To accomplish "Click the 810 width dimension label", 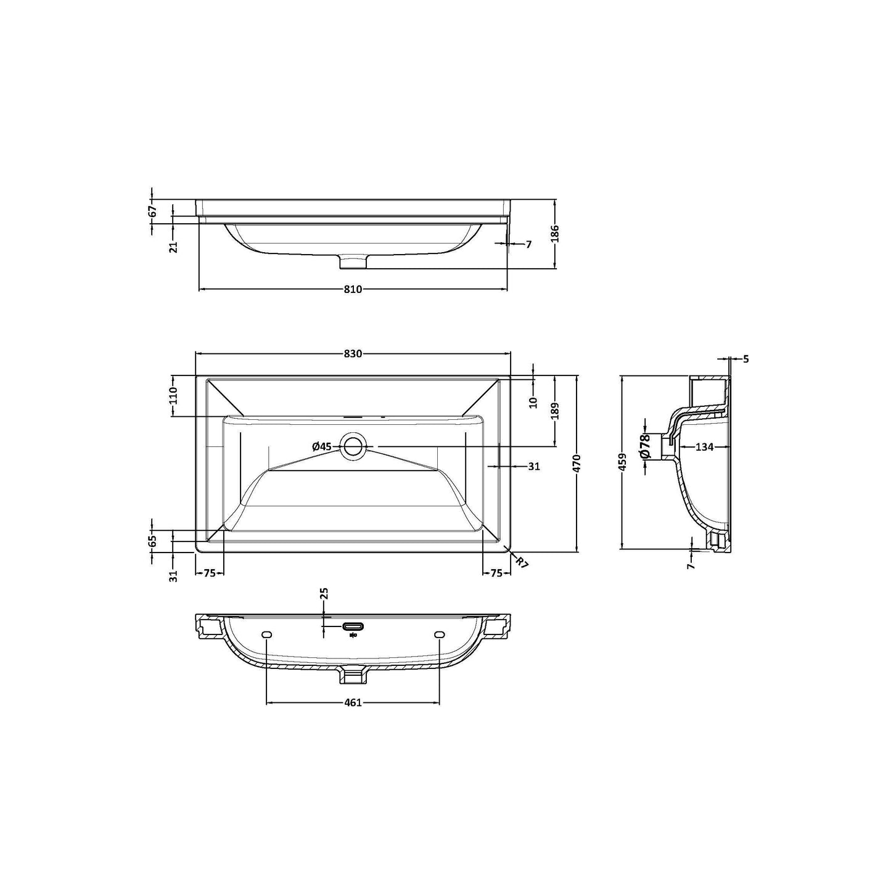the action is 352,289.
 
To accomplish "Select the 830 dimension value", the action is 352,354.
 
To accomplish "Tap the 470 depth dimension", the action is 576,463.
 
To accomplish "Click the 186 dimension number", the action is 556,234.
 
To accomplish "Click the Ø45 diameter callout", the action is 322,446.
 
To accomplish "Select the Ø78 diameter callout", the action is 646,446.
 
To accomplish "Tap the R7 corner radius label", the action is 521,562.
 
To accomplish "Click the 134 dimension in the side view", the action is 704,446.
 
